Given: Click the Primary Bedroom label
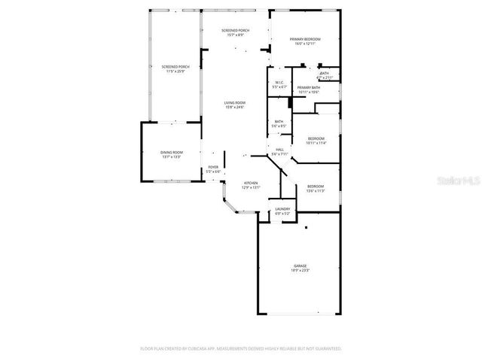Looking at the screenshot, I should [305, 38].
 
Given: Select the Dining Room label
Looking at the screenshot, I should [171, 153].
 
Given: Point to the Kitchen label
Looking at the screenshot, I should [250, 183].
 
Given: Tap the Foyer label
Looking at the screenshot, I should [213, 168].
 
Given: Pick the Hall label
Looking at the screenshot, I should [279, 150].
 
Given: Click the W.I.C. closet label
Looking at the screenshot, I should [279, 83].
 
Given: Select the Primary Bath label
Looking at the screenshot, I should [309, 88].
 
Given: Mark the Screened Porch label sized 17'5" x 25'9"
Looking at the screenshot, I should [175, 67].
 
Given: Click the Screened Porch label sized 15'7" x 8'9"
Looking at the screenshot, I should [235, 30].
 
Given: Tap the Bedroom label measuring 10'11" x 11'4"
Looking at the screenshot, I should [316, 138].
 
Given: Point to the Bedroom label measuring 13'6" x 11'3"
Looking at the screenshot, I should [316, 186].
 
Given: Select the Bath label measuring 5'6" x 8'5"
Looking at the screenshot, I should [279, 121].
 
